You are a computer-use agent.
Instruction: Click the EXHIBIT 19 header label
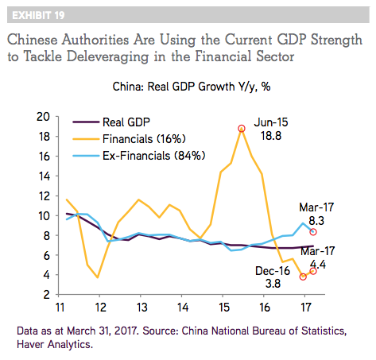click(x=38, y=15)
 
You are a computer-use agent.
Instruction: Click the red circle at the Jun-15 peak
click(x=242, y=129)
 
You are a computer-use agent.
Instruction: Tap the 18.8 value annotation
click(x=271, y=136)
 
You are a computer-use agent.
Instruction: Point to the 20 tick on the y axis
click(x=43, y=117)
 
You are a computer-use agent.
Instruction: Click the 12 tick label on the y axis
click(x=44, y=196)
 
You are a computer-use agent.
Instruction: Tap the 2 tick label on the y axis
click(x=47, y=295)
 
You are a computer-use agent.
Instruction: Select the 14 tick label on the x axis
click(x=182, y=308)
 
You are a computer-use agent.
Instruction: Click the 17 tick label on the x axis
click(x=305, y=308)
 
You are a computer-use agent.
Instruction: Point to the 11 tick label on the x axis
click(x=60, y=308)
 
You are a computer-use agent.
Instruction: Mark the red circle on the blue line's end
click(x=313, y=232)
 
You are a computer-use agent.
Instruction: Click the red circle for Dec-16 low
click(x=303, y=277)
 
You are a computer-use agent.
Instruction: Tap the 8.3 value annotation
click(x=316, y=221)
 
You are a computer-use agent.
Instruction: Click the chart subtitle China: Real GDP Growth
click(x=192, y=87)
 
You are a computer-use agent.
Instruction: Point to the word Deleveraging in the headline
click(x=108, y=56)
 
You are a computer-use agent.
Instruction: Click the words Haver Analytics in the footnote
click(x=55, y=344)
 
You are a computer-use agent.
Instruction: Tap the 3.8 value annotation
click(x=273, y=284)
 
